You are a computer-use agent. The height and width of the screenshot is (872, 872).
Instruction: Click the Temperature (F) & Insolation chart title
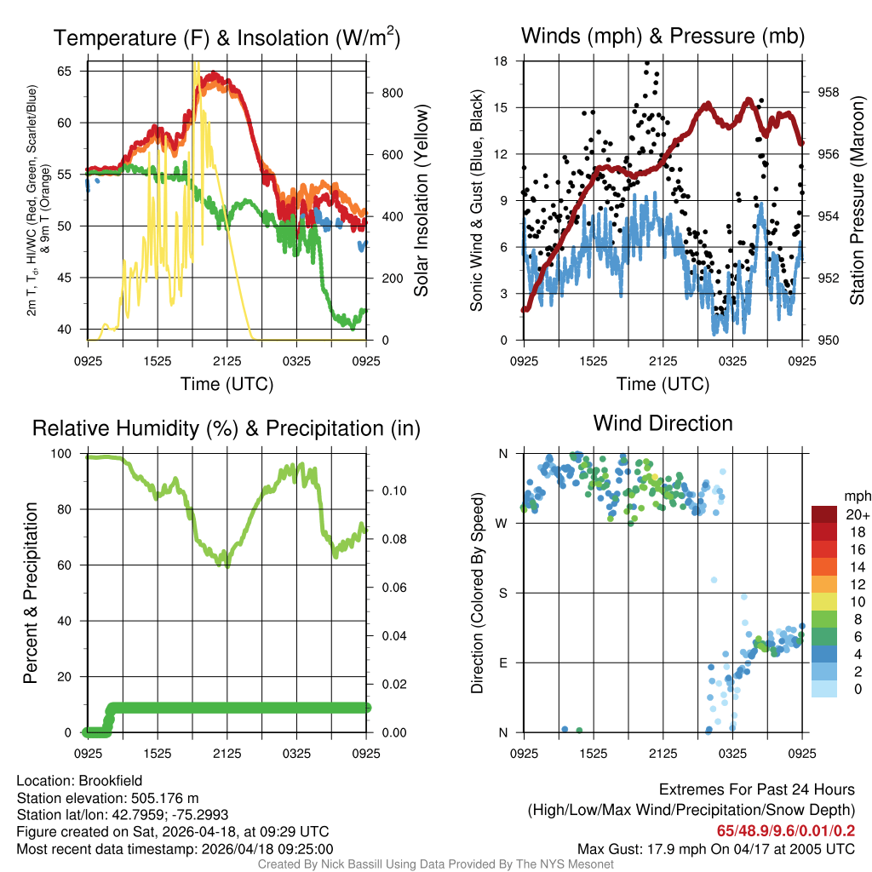pyautogui.click(x=227, y=37)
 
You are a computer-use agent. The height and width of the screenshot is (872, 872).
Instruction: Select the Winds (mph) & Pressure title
pyautogui.click(x=663, y=36)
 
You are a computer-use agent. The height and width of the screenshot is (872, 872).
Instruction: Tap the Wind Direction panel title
pyautogui.click(x=663, y=423)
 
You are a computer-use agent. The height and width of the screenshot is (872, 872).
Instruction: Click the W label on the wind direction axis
pyautogui.click(x=503, y=523)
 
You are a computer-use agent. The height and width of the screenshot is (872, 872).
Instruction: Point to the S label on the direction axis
pyautogui.click(x=503, y=593)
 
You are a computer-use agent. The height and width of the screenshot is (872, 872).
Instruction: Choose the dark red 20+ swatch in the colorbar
pyautogui.click(x=823, y=514)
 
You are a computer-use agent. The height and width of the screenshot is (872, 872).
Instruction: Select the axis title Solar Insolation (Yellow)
pyautogui.click(x=421, y=201)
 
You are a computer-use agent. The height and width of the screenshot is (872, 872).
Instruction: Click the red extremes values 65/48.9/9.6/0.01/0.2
pyautogui.click(x=786, y=829)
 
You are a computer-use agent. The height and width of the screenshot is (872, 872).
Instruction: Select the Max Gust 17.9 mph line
pyautogui.click(x=715, y=849)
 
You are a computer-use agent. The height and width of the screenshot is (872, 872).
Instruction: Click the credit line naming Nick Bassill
pyautogui.click(x=435, y=864)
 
